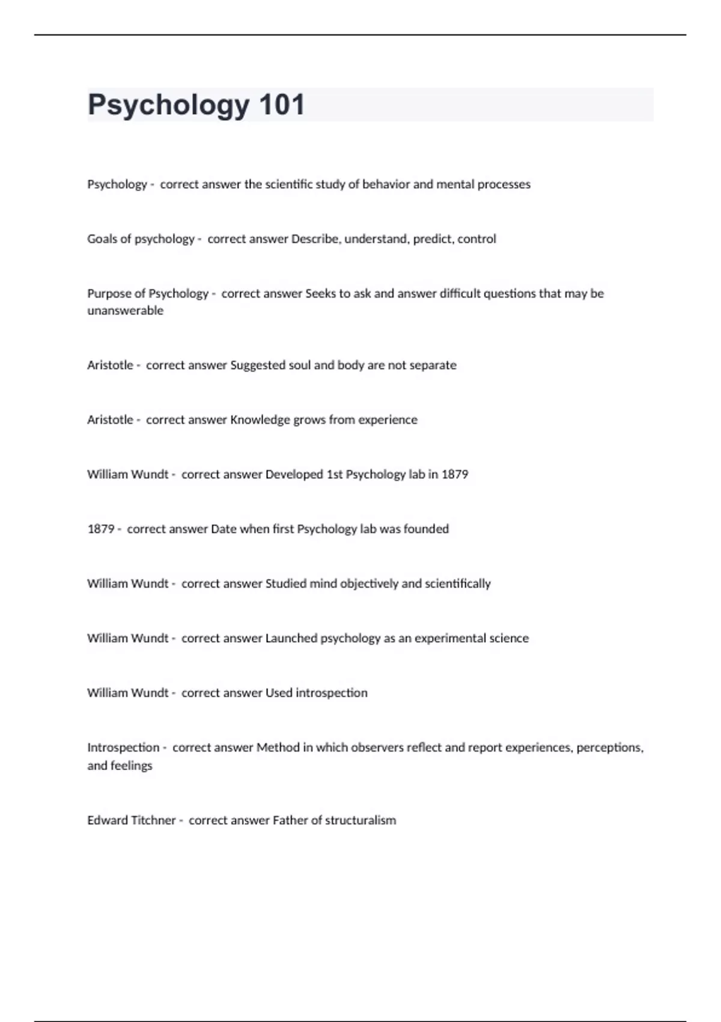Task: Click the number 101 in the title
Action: click(x=282, y=105)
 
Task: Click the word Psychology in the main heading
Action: click(x=168, y=106)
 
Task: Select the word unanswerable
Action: click(x=125, y=311)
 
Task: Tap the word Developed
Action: click(x=294, y=474)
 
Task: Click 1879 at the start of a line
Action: click(x=100, y=529)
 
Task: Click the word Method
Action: click(x=278, y=748)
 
